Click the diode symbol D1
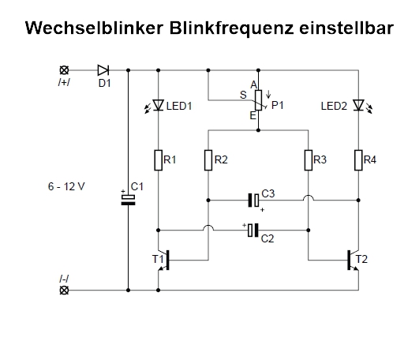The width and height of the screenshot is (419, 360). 103,70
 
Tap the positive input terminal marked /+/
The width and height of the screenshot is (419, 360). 64,70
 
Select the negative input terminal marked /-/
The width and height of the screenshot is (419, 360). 64,290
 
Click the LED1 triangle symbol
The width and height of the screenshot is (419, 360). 158,105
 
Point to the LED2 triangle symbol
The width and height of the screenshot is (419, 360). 358,105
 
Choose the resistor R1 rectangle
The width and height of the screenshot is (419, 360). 158,160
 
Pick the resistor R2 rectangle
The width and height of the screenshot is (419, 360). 208,160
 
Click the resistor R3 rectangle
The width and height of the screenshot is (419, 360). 309,160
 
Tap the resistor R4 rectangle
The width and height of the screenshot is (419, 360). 358,160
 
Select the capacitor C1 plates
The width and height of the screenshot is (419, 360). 128,200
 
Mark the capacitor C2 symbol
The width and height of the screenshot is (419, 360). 253,230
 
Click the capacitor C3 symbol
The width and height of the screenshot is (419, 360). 253,201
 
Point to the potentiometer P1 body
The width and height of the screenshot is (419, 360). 258,100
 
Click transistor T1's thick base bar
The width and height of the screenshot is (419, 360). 168,260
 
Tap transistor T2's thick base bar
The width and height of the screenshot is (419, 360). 349,260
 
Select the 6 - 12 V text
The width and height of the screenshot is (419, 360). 66,186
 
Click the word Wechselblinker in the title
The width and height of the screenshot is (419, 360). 95,28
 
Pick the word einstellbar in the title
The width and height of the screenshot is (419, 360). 346,28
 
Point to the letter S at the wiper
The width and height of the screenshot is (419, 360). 243,95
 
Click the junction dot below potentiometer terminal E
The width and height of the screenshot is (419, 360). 258,130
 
